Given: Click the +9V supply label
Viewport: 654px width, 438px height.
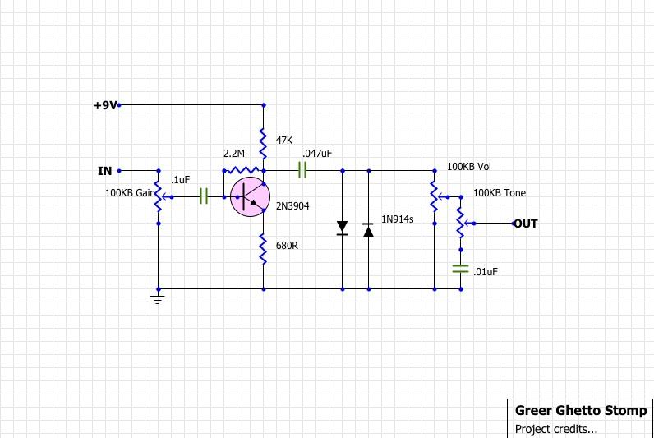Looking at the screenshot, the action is click(x=105, y=105).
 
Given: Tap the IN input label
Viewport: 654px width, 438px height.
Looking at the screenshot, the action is click(x=104, y=171).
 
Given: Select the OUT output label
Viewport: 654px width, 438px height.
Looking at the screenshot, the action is click(x=526, y=224).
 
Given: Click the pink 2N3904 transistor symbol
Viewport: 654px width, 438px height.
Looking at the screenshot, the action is click(x=250, y=197).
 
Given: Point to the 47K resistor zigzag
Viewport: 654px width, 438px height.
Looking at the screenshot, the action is click(x=263, y=145).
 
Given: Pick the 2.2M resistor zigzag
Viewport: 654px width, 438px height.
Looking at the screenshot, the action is click(x=242, y=170).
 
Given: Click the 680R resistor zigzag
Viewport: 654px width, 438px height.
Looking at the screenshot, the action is click(x=263, y=249).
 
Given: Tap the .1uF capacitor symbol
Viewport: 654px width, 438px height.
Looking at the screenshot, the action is click(x=204, y=196).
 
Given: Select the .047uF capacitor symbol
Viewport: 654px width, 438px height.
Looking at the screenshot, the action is click(x=302, y=170).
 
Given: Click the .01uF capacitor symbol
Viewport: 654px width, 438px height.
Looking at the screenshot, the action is click(x=460, y=269).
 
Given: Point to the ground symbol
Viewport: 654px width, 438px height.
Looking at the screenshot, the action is click(x=158, y=299).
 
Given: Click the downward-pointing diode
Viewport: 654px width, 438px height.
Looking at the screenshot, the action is click(x=342, y=228).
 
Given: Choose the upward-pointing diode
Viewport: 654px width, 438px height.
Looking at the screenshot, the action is click(x=368, y=230).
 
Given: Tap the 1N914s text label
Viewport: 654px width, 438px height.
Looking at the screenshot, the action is click(x=397, y=219).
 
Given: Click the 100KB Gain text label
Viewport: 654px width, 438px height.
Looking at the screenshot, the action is click(x=130, y=193).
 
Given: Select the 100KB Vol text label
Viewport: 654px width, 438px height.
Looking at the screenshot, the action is click(x=469, y=167).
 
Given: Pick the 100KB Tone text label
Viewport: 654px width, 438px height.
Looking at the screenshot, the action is click(x=500, y=193).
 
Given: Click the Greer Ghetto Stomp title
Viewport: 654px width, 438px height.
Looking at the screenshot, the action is click(x=581, y=410).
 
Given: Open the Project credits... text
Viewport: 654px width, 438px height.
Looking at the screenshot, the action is click(x=556, y=429).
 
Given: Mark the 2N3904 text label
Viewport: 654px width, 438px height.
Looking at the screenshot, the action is click(x=292, y=206).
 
